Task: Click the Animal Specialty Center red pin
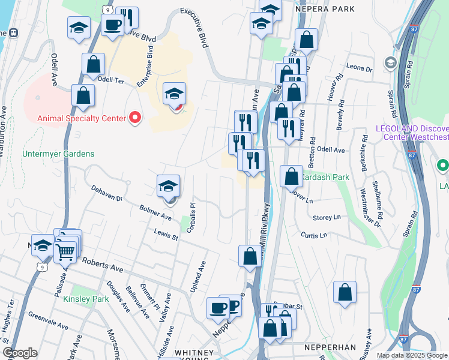pyautogui.click(x=134, y=118)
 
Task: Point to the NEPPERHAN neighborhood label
pyautogui.click(x=330, y=347)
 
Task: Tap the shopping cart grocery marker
pyautogui.click(x=65, y=252)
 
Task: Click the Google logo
pyautogui.click(x=20, y=353)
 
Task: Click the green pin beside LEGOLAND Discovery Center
pyautogui.click(x=443, y=165)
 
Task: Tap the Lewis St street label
pyautogui.click(x=166, y=234)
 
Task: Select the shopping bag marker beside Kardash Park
pyautogui.click(x=291, y=177)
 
